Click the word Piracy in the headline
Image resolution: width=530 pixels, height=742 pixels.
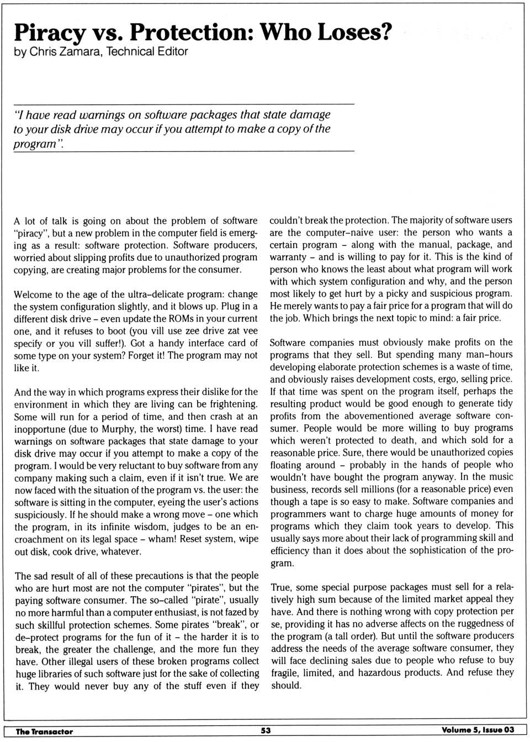coord(49,33)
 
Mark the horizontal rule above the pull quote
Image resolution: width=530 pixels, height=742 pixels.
coord(183,104)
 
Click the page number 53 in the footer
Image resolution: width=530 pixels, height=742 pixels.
coord(266,730)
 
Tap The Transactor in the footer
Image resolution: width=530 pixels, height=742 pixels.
coord(44,731)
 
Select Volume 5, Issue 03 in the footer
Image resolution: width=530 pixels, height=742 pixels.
coord(478,730)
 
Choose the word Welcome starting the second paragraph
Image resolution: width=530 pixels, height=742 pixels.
coord(33,294)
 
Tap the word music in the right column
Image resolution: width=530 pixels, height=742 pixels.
coord(499,476)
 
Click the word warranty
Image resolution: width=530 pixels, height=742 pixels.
coord(288,257)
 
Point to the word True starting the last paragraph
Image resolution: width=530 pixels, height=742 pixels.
coord(281,587)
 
